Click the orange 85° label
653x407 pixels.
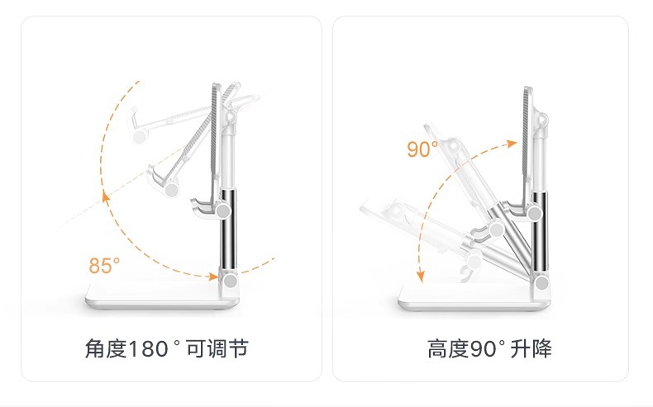point(104,266)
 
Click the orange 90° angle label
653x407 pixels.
point(422,149)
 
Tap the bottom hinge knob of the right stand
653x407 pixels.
point(542,285)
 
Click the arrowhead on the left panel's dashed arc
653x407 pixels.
point(105,196)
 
